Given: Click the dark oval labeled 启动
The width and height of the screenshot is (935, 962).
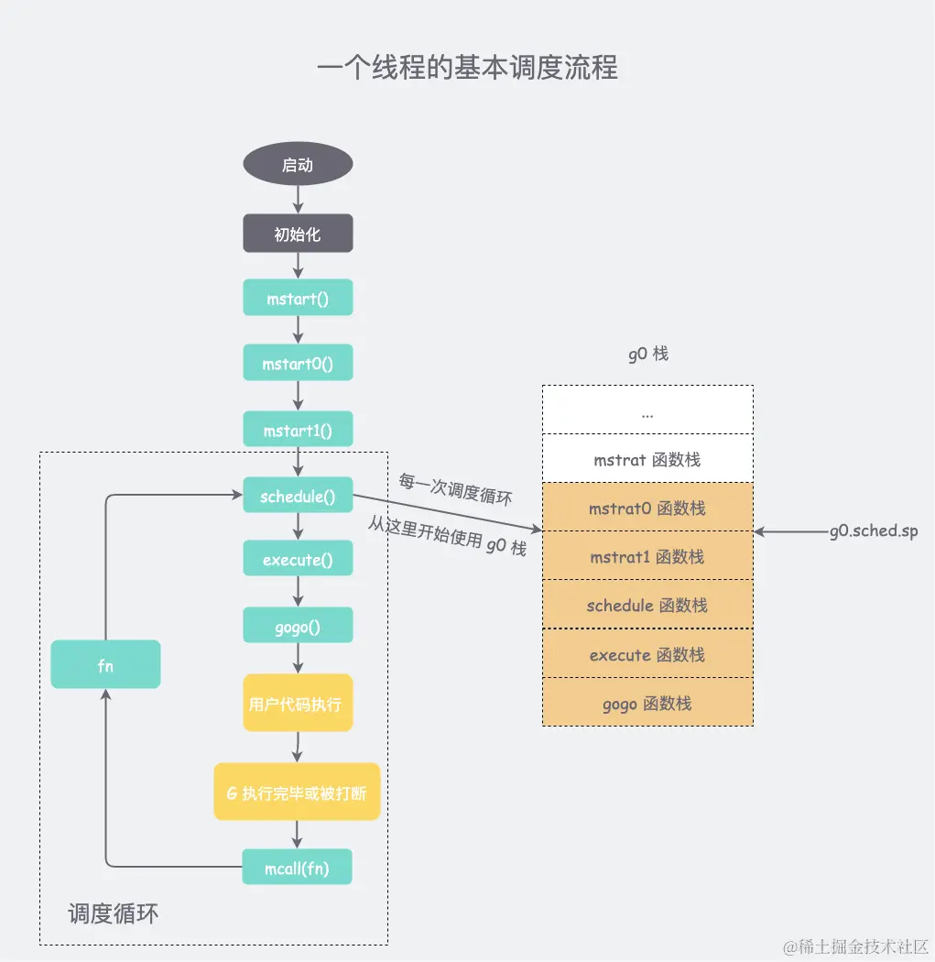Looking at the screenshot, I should [x=298, y=166].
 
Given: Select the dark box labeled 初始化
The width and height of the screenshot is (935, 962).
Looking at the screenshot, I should [x=298, y=234].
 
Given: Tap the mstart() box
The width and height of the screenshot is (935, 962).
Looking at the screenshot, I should [x=298, y=298].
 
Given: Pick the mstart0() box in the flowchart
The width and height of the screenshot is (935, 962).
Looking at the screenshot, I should [x=298, y=364].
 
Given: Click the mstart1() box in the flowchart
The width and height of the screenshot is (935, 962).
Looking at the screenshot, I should [x=298, y=429].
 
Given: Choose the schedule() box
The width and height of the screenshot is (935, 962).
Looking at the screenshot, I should [x=298, y=497].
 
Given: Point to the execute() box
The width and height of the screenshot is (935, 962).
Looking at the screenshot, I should [x=298, y=559].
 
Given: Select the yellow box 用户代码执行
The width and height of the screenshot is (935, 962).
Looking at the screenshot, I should [x=298, y=704].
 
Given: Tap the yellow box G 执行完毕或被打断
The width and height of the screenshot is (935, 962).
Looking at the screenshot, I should [x=297, y=792].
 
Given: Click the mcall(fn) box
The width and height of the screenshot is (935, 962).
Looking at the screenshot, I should [x=297, y=867].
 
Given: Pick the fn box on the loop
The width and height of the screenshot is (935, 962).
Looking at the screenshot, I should [x=105, y=665].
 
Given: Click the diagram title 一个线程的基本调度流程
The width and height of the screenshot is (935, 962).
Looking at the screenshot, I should [x=467, y=68].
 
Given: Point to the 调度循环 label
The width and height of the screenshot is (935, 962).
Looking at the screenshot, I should [x=114, y=913].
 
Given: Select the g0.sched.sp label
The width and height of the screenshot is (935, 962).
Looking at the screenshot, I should [x=873, y=531].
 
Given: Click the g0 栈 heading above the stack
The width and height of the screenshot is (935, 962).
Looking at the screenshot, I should [x=647, y=354].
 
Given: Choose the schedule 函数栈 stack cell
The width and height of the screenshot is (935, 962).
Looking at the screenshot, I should [x=647, y=605].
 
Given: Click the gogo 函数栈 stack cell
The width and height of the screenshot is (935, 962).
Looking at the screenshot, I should [x=647, y=703].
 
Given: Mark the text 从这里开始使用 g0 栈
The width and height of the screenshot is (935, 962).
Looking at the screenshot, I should [x=447, y=535].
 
